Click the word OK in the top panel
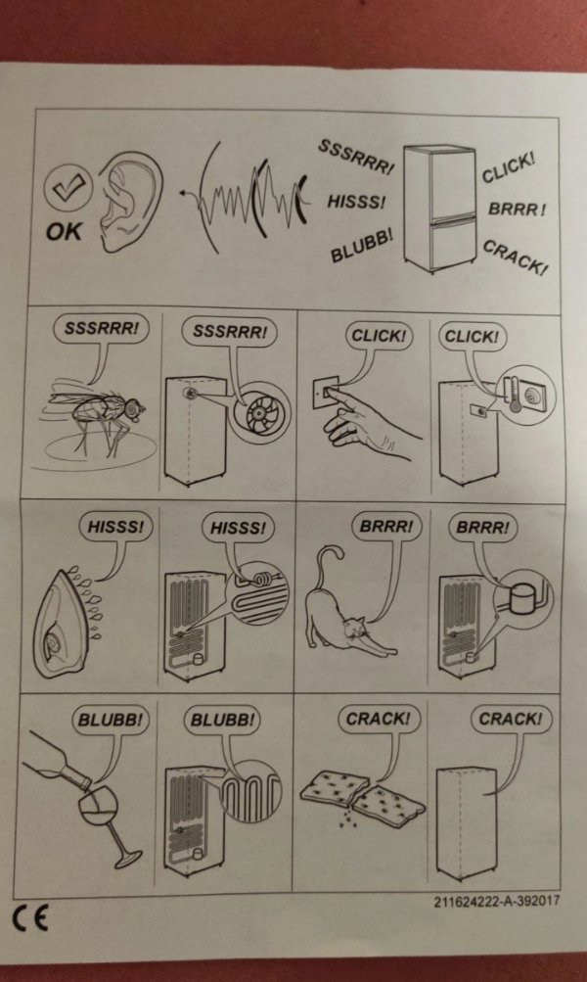tap(64, 232)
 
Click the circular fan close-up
tap(259, 412)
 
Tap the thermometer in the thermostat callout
tap(515, 395)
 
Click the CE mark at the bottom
tap(30, 917)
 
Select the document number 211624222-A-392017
tap(497, 902)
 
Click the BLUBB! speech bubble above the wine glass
tap(111, 721)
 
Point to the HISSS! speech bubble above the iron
tap(116, 527)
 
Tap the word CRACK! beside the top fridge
tap(516, 258)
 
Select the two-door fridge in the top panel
tap(441, 208)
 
